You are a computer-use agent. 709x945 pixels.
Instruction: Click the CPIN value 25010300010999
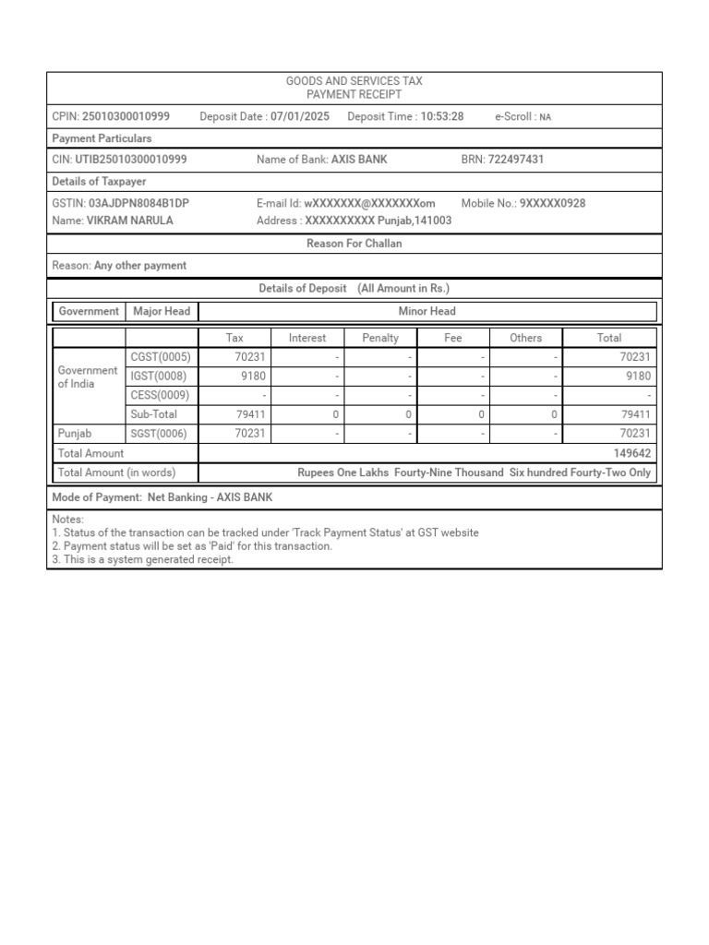[x=126, y=116]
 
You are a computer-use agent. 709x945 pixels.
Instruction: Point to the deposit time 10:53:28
[x=441, y=116]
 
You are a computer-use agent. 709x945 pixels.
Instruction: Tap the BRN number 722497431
[x=515, y=160]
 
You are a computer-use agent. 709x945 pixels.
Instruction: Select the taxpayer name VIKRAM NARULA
[x=129, y=221]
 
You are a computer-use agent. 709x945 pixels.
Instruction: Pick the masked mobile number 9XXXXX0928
[x=552, y=203]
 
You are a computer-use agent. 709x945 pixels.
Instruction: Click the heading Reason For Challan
[x=354, y=244]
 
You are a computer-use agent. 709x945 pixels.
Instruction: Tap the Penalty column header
[x=380, y=338]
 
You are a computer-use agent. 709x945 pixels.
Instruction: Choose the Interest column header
[x=307, y=338]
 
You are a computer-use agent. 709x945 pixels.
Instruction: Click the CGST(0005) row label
[x=161, y=357]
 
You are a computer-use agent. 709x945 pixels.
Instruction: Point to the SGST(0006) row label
[x=161, y=434]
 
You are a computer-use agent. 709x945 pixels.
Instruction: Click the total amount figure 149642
[x=631, y=453]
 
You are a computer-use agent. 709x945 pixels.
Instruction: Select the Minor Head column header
[x=427, y=311]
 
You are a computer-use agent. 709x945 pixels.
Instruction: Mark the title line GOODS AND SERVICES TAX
[x=354, y=82]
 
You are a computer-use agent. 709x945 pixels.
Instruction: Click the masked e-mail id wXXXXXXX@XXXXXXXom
[x=369, y=203]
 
